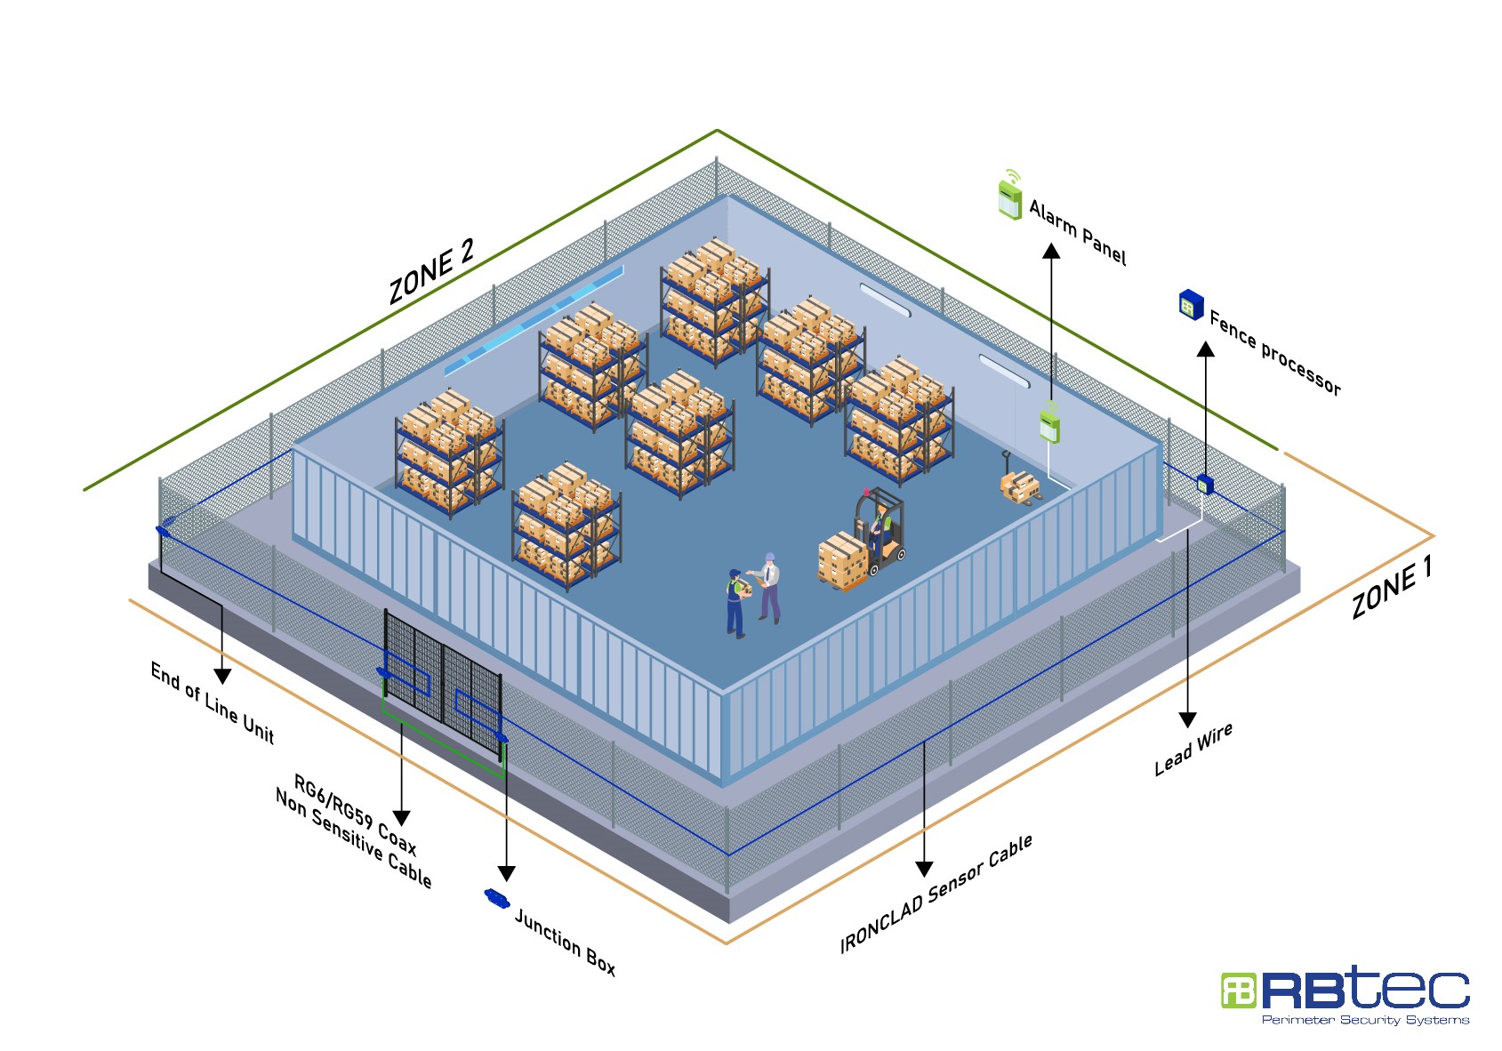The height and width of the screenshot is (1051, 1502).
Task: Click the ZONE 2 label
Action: coord(431,272)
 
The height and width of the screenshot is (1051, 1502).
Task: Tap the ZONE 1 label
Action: coord(1392,589)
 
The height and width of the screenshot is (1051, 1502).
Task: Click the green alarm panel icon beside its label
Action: coord(1009,197)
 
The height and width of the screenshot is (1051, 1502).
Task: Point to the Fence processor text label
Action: coord(1274,353)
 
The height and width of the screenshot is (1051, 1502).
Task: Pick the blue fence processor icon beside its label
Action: coord(1190,305)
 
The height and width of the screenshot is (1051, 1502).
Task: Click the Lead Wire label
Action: coord(1193,749)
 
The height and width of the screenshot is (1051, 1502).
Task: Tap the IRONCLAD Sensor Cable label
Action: coord(936,894)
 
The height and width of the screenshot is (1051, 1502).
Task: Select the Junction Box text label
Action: coord(565,942)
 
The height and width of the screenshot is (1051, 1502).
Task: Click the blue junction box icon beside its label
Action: coord(496,897)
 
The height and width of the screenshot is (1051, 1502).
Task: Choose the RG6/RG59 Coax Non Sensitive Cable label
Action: coord(355,831)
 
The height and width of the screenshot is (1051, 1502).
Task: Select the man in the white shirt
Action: coord(769,587)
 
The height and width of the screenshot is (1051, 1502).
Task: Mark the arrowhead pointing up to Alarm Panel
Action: coord(1051,251)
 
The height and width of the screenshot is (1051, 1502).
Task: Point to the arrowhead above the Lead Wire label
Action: coord(1187,719)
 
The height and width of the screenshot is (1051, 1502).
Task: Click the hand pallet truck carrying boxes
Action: coord(1019,484)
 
